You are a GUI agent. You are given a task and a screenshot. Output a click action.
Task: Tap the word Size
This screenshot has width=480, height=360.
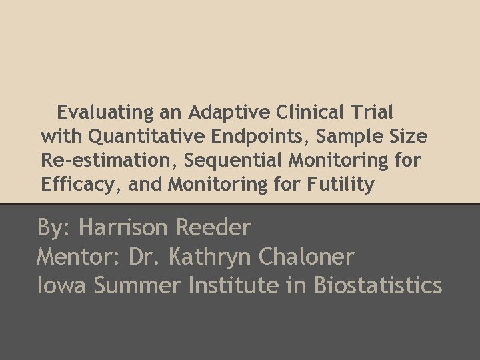408,136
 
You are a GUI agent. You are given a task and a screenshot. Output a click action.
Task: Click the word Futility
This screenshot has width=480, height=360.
340,185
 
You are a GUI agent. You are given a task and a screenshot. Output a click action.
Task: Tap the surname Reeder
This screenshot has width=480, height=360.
213,228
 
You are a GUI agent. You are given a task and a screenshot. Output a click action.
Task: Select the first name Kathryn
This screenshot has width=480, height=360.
207,257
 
